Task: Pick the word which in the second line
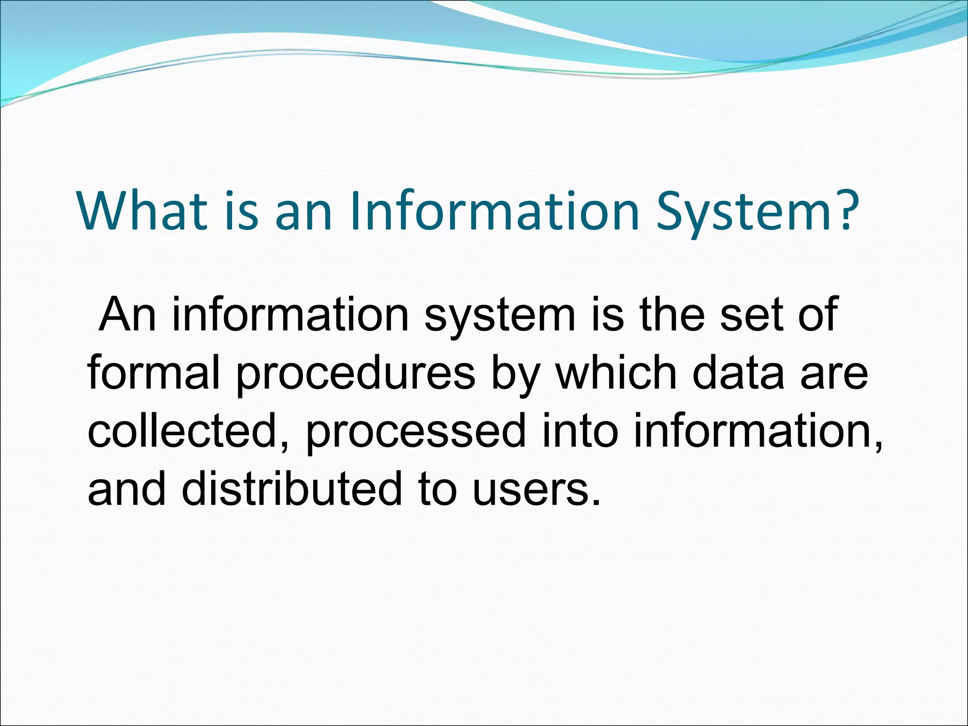tap(616, 373)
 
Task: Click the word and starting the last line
tap(127, 489)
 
